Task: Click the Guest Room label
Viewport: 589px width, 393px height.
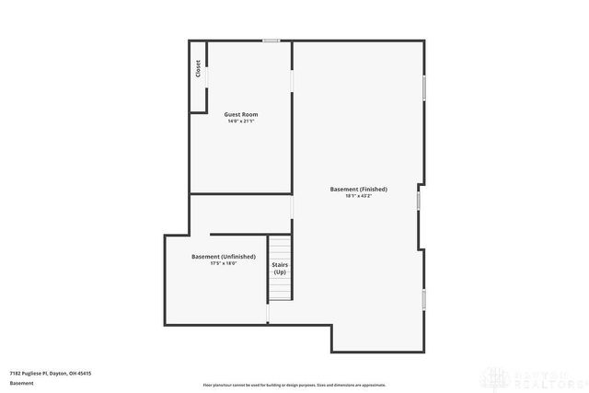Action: (x=240, y=114)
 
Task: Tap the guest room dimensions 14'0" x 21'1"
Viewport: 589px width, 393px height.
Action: (x=240, y=121)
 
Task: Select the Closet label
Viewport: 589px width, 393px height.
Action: (x=198, y=69)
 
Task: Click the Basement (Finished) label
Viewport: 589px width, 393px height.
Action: (x=358, y=190)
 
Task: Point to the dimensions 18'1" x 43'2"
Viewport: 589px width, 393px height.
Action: (x=358, y=196)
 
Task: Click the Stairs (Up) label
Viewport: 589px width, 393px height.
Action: (x=280, y=268)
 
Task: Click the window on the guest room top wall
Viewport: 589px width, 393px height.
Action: (x=271, y=40)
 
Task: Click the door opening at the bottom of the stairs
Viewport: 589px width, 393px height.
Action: (x=268, y=312)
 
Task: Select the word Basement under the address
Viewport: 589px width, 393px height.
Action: (x=21, y=383)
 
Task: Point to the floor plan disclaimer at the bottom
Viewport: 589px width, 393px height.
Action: (x=294, y=385)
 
